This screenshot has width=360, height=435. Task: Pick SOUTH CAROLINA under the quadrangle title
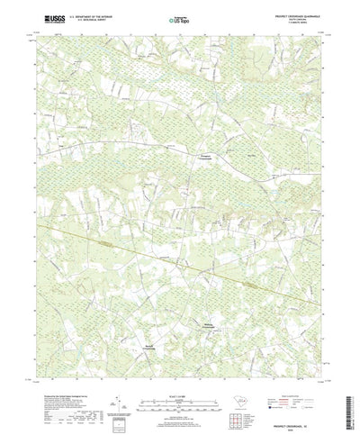tap(301, 19)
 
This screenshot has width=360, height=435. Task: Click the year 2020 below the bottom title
tap(301, 409)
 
